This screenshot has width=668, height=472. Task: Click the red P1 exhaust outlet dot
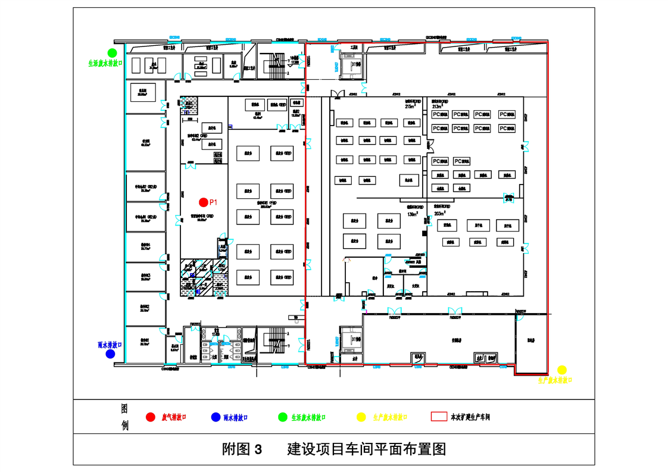tap(204, 202)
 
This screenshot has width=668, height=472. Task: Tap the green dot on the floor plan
tap(111, 54)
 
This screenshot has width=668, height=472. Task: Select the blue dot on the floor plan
tap(110, 354)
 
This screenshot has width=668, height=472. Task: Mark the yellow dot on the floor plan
tap(561, 370)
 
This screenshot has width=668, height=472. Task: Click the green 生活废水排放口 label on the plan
tap(102, 62)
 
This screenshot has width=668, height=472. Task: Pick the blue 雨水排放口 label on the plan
tap(110, 345)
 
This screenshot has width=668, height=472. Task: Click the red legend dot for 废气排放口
tap(151, 417)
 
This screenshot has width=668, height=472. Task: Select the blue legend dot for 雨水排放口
tap(216, 417)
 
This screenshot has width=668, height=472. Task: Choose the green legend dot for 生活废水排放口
tap(283, 417)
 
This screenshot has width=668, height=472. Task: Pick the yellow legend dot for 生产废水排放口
tap(361, 417)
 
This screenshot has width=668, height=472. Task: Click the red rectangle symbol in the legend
tap(439, 417)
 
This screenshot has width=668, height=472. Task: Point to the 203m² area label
tap(440, 213)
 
